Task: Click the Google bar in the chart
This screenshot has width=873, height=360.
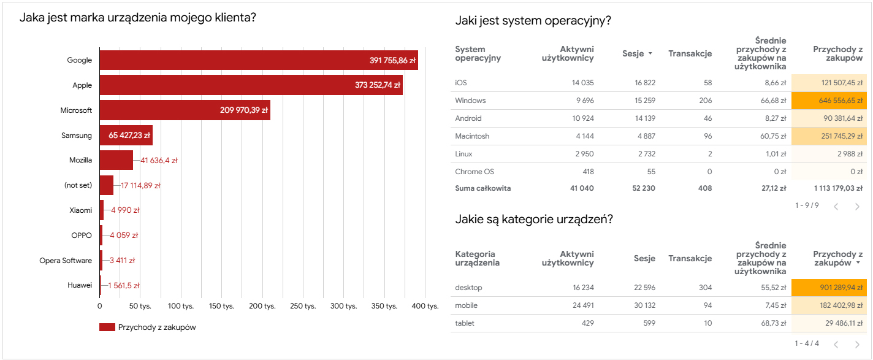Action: [257, 60]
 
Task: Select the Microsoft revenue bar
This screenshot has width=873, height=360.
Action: [184, 110]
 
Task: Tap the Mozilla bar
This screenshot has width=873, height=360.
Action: [116, 160]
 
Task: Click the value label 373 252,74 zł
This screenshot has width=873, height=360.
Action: [377, 85]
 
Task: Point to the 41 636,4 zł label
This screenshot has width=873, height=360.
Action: [159, 161]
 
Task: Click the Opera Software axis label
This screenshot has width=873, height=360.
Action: [66, 261]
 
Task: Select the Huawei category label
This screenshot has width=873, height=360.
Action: [80, 285]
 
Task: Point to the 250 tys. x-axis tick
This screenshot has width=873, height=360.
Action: [303, 305]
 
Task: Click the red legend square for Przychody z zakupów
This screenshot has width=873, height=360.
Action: [107, 327]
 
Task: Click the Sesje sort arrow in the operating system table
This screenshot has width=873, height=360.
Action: [650, 53]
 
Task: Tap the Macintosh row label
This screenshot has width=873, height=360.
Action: [472, 136]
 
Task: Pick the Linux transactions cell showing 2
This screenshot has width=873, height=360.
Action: [709, 154]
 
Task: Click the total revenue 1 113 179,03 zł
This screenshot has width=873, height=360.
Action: [829, 188]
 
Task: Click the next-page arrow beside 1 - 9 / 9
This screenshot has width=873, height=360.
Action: [857, 206]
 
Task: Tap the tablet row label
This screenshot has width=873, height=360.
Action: [465, 323]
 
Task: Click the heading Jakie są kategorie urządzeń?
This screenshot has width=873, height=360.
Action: [534, 219]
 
